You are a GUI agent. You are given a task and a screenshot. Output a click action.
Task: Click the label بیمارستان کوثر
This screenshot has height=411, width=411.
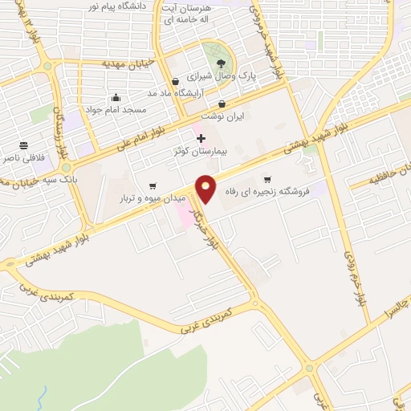(x=201, y=151)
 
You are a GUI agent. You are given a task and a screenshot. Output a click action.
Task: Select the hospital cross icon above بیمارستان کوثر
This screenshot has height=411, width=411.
(x=201, y=139)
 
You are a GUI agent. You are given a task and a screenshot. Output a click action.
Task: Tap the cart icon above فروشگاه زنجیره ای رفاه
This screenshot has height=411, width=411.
(x=267, y=179)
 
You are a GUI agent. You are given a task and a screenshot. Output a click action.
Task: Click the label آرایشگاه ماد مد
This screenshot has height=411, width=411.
(x=186, y=92)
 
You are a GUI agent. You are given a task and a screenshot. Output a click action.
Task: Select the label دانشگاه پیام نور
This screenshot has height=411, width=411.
(x=120, y=6)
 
